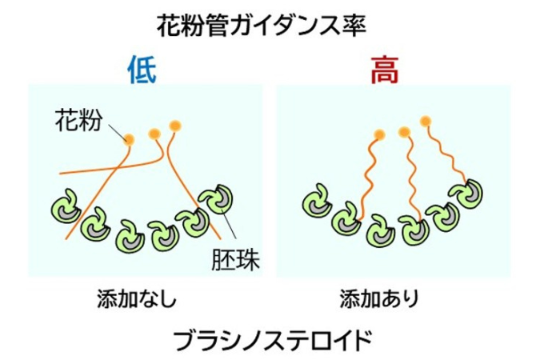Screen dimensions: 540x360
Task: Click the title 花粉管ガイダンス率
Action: tap(262, 25)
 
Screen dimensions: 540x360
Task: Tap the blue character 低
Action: tap(142, 70)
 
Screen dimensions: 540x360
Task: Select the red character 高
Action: tap(385, 70)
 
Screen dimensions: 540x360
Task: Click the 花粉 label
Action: tap(79, 120)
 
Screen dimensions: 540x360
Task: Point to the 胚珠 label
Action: tap(235, 259)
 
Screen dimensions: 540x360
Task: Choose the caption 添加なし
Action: tap(137, 298)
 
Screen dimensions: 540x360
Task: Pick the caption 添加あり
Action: tap(379, 298)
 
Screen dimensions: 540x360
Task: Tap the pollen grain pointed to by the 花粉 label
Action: tap(129, 139)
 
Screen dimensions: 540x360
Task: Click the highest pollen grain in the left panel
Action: tap(175, 126)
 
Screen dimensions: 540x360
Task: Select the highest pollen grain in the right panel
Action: tap(426, 121)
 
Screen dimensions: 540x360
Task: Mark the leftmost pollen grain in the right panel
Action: tap(379, 134)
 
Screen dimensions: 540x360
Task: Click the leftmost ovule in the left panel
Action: tap(66, 206)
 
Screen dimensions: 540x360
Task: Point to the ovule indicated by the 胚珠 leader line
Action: tap(217, 199)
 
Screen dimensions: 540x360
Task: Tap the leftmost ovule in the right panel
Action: tap(317, 201)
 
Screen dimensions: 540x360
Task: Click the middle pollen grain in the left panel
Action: tap(154, 134)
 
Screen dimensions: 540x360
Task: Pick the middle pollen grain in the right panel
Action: tap(404, 131)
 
